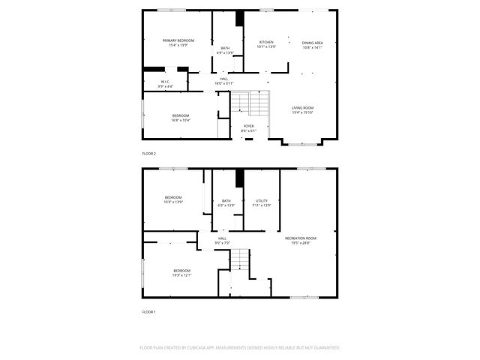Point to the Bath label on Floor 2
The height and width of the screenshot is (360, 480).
click(x=225, y=50)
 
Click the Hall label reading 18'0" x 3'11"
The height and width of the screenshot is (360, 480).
click(x=224, y=80)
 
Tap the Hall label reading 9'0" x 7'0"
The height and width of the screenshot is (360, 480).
click(x=222, y=241)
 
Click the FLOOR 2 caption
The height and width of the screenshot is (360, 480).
click(x=148, y=154)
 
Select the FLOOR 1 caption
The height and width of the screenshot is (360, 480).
click(x=148, y=311)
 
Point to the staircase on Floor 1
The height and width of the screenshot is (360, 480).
click(x=239, y=261)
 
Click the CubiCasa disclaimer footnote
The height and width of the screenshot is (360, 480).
click(x=240, y=348)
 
